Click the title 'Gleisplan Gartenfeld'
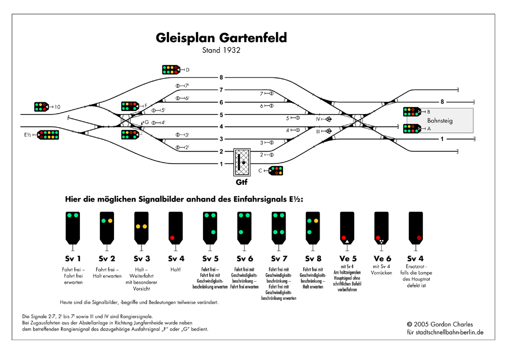click(221, 38)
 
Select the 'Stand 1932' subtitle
click(221, 50)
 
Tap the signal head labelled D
click(171, 70)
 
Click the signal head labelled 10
click(41, 107)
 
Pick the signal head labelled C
click(276, 171)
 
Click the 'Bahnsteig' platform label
click(440, 121)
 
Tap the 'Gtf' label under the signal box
click(242, 182)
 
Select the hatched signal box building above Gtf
click(242, 161)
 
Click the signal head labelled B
click(411, 112)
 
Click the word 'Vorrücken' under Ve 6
click(382, 273)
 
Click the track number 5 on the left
click(221, 115)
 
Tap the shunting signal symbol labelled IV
click(329, 120)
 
